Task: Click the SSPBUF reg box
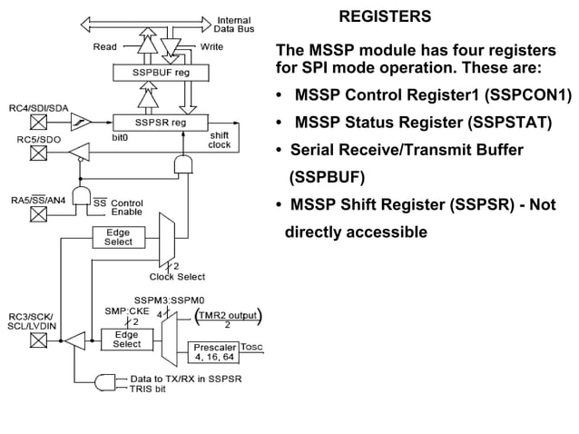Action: point(161,72)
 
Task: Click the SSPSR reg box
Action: point(160,122)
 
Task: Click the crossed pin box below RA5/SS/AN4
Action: point(38,215)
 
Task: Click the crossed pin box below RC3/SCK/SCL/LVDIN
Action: point(38,340)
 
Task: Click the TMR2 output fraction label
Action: point(228,319)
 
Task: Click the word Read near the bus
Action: point(105,46)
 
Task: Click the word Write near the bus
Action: point(212,46)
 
